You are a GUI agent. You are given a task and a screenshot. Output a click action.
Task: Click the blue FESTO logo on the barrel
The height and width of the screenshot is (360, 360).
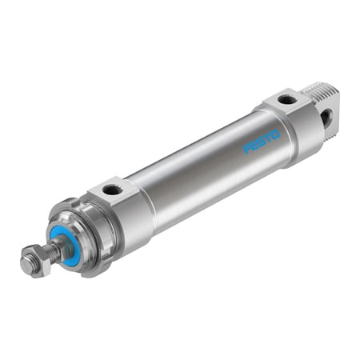point(262,142)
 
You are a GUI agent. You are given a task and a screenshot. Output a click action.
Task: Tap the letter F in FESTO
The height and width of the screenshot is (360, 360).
point(248,149)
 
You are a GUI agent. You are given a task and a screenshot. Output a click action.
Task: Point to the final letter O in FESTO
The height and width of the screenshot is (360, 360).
point(276,134)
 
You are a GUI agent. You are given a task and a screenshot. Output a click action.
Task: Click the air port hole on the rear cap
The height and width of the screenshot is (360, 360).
point(287,100)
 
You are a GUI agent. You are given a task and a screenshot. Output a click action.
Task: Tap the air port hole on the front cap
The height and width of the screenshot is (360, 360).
point(114,190)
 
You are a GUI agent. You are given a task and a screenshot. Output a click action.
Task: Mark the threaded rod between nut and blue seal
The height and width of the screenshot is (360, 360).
point(50,253)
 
